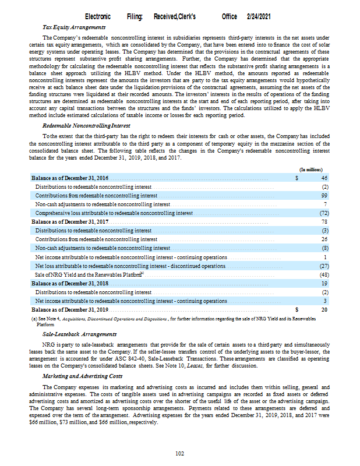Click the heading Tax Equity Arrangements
(x=74, y=27)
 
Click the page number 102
(x=180, y=453)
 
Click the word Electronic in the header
(x=98, y=17)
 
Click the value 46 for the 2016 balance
(x=325, y=178)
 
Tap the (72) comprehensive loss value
(x=324, y=213)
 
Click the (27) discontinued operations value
(x=324, y=266)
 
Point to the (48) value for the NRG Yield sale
(x=324, y=274)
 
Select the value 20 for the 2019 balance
(x=325, y=310)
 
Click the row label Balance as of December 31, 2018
(x=70, y=283)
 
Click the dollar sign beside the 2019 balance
(x=297, y=310)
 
